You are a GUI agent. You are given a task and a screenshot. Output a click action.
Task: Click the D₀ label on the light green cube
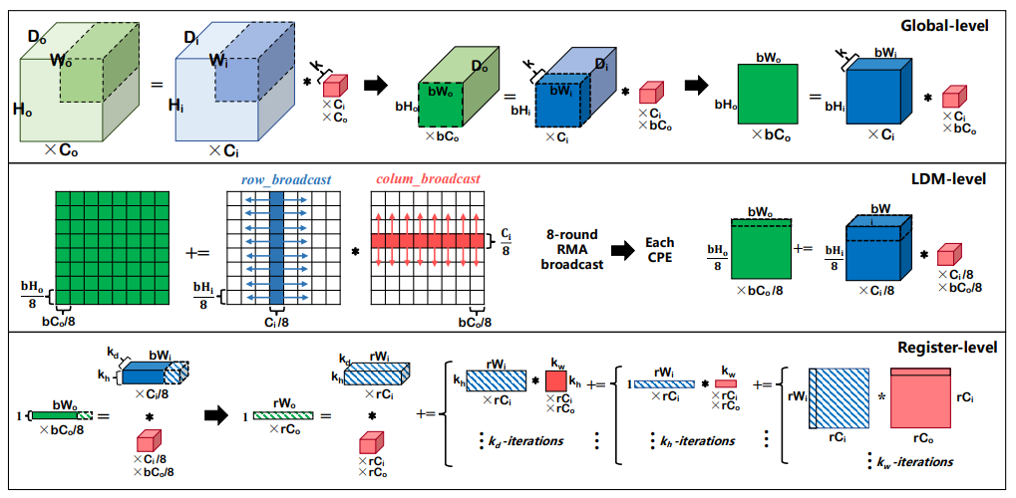click(x=38, y=38)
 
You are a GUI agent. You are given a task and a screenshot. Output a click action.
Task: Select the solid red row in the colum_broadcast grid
click(x=428, y=241)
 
